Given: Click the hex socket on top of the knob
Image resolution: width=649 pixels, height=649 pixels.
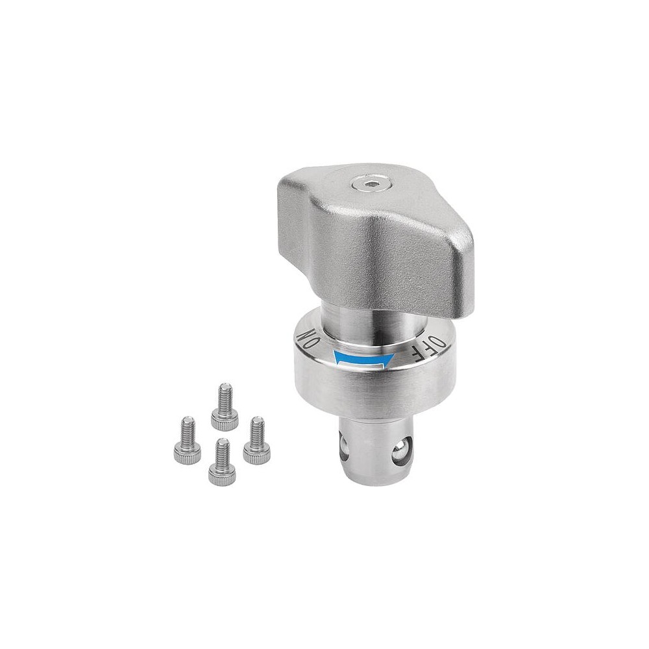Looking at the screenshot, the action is [x=365, y=184].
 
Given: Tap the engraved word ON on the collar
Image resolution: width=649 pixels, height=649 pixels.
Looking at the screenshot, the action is [x=309, y=337].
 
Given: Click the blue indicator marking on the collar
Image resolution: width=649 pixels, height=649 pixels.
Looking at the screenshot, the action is [x=363, y=358].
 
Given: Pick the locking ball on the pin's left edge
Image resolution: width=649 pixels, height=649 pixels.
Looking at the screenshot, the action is [x=344, y=445].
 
